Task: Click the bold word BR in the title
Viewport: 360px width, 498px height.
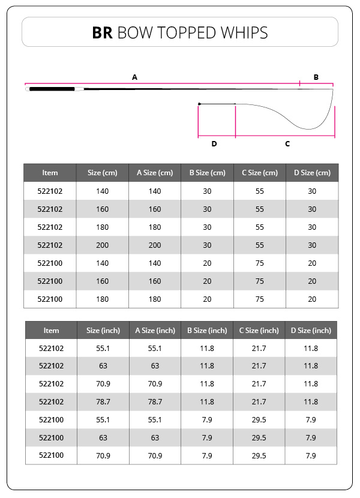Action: tap(103, 32)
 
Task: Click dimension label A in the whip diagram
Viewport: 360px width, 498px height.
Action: tap(134, 77)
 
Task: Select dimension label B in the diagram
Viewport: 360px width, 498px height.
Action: tap(316, 77)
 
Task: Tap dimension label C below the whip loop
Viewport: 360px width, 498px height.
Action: tap(287, 144)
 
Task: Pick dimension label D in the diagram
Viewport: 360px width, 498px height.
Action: tap(214, 144)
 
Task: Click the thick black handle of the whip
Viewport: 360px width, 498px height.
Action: tap(50, 89)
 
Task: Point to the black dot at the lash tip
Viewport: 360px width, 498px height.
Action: tap(199, 104)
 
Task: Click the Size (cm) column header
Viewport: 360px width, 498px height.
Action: tap(103, 173)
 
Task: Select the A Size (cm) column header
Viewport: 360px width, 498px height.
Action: tap(155, 173)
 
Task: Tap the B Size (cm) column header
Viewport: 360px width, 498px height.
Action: tap(207, 173)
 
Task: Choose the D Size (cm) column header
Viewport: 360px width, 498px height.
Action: tap(312, 173)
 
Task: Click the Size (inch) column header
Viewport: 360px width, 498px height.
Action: tap(103, 331)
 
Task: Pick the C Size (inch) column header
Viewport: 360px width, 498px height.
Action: tap(259, 331)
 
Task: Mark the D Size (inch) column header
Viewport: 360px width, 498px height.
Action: tap(311, 331)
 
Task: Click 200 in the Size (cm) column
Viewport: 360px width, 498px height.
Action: tap(103, 245)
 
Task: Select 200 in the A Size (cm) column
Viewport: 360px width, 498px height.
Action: tap(155, 245)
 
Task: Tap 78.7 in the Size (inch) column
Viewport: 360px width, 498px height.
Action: tap(103, 401)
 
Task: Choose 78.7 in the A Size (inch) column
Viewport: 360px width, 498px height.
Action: tap(155, 401)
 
